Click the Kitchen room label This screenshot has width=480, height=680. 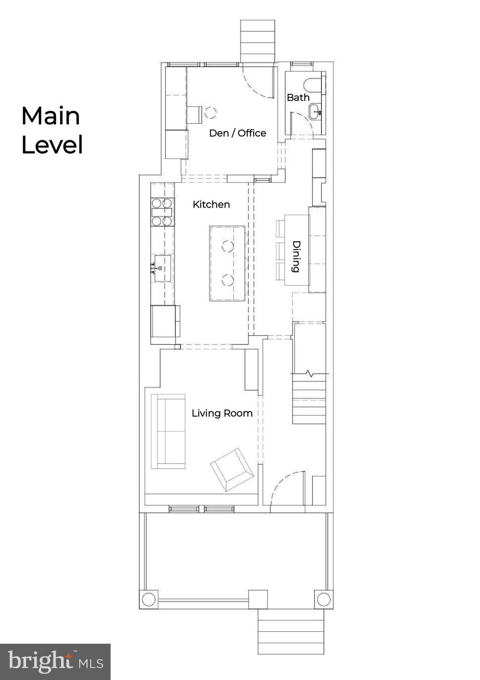tap(211, 205)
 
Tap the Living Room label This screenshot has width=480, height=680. tap(222, 413)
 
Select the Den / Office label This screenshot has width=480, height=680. tap(238, 133)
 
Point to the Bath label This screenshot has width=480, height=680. tap(298, 97)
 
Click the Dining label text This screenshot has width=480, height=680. tap(296, 256)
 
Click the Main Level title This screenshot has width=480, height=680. tap(52, 130)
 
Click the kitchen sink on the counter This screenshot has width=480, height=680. tap(162, 268)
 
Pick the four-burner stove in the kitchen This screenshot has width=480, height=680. tap(163, 212)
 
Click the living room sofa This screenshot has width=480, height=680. tap(168, 431)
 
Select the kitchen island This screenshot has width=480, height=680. tap(227, 263)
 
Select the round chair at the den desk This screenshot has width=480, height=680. tap(210, 113)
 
